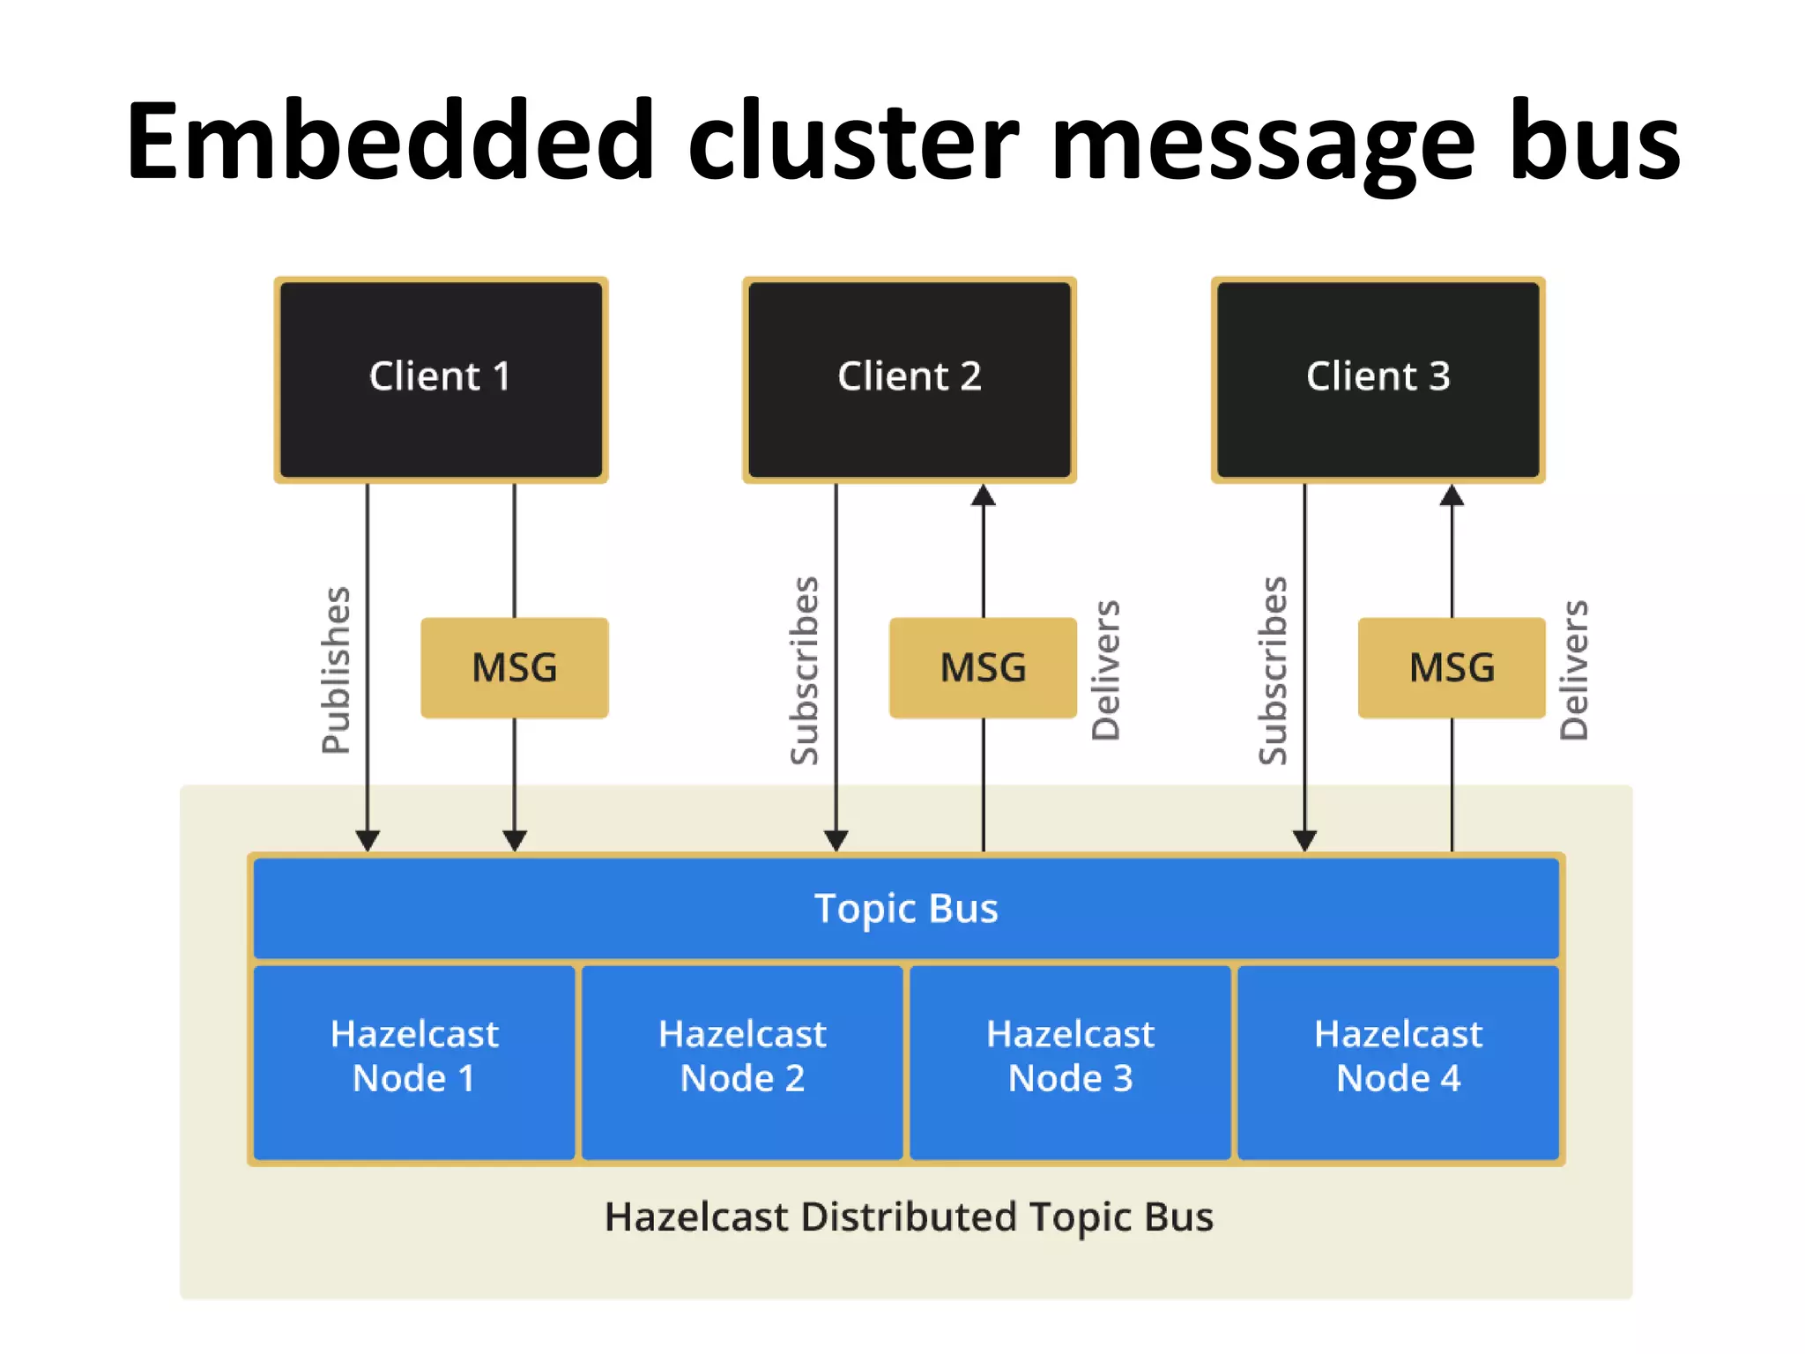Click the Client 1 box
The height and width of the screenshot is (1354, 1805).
(441, 379)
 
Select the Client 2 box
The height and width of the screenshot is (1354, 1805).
(909, 379)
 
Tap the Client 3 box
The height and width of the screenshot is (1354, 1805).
(1378, 379)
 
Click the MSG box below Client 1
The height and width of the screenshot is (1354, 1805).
(515, 667)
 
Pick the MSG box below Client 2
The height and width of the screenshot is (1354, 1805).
(983, 667)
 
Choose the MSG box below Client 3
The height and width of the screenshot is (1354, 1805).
(1452, 667)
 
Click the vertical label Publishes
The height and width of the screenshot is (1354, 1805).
(336, 670)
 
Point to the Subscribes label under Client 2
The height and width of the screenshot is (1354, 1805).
(805, 670)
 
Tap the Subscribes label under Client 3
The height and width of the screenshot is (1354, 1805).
(1273, 670)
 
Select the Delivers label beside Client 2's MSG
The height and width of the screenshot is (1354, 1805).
(1106, 670)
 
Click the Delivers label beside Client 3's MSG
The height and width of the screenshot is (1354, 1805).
(1575, 670)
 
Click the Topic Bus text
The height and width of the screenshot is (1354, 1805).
(906, 908)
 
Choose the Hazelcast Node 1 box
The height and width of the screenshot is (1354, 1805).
(414, 1061)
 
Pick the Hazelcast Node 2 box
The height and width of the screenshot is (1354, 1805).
(742, 1061)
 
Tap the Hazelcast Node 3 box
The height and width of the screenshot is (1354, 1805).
(1070, 1061)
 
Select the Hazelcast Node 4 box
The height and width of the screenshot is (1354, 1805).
(1398, 1061)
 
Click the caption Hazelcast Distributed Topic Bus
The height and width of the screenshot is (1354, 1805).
(909, 1216)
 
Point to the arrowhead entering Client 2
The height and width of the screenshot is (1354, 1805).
(984, 496)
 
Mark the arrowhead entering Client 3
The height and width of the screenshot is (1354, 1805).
(1452, 496)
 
